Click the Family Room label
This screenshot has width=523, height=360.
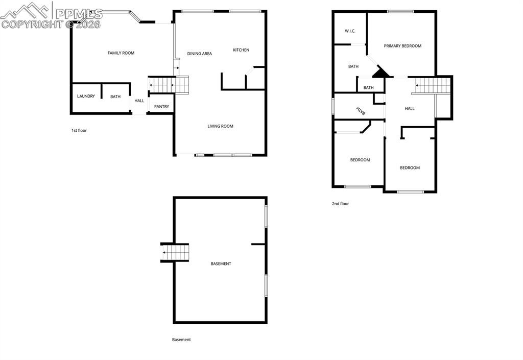pyautogui.click(x=121, y=53)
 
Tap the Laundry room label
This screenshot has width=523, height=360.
pyautogui.click(x=86, y=96)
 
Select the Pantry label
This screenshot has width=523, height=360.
pyautogui.click(x=161, y=107)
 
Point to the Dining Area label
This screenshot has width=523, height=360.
pyautogui.click(x=199, y=54)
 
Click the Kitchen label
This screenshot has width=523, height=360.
pyautogui.click(x=241, y=50)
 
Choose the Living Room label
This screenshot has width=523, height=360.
pyautogui.click(x=220, y=126)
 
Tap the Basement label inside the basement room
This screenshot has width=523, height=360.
pyautogui.click(x=221, y=263)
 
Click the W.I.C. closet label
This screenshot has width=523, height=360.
pyautogui.click(x=350, y=31)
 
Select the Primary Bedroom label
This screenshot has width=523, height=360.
pyautogui.click(x=402, y=46)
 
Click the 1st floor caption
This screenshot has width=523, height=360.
pyautogui.click(x=79, y=131)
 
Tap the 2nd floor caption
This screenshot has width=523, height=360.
pyautogui.click(x=340, y=204)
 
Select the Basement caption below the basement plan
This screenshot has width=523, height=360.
pyautogui.click(x=181, y=340)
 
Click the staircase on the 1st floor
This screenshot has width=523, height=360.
pyautogui.click(x=169, y=84)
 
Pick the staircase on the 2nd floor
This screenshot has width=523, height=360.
pyautogui.click(x=433, y=85)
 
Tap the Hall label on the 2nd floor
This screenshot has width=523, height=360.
pyautogui.click(x=410, y=109)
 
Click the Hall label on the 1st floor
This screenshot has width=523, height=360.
pyautogui.click(x=139, y=101)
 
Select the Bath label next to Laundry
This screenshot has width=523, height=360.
pyautogui.click(x=115, y=97)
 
